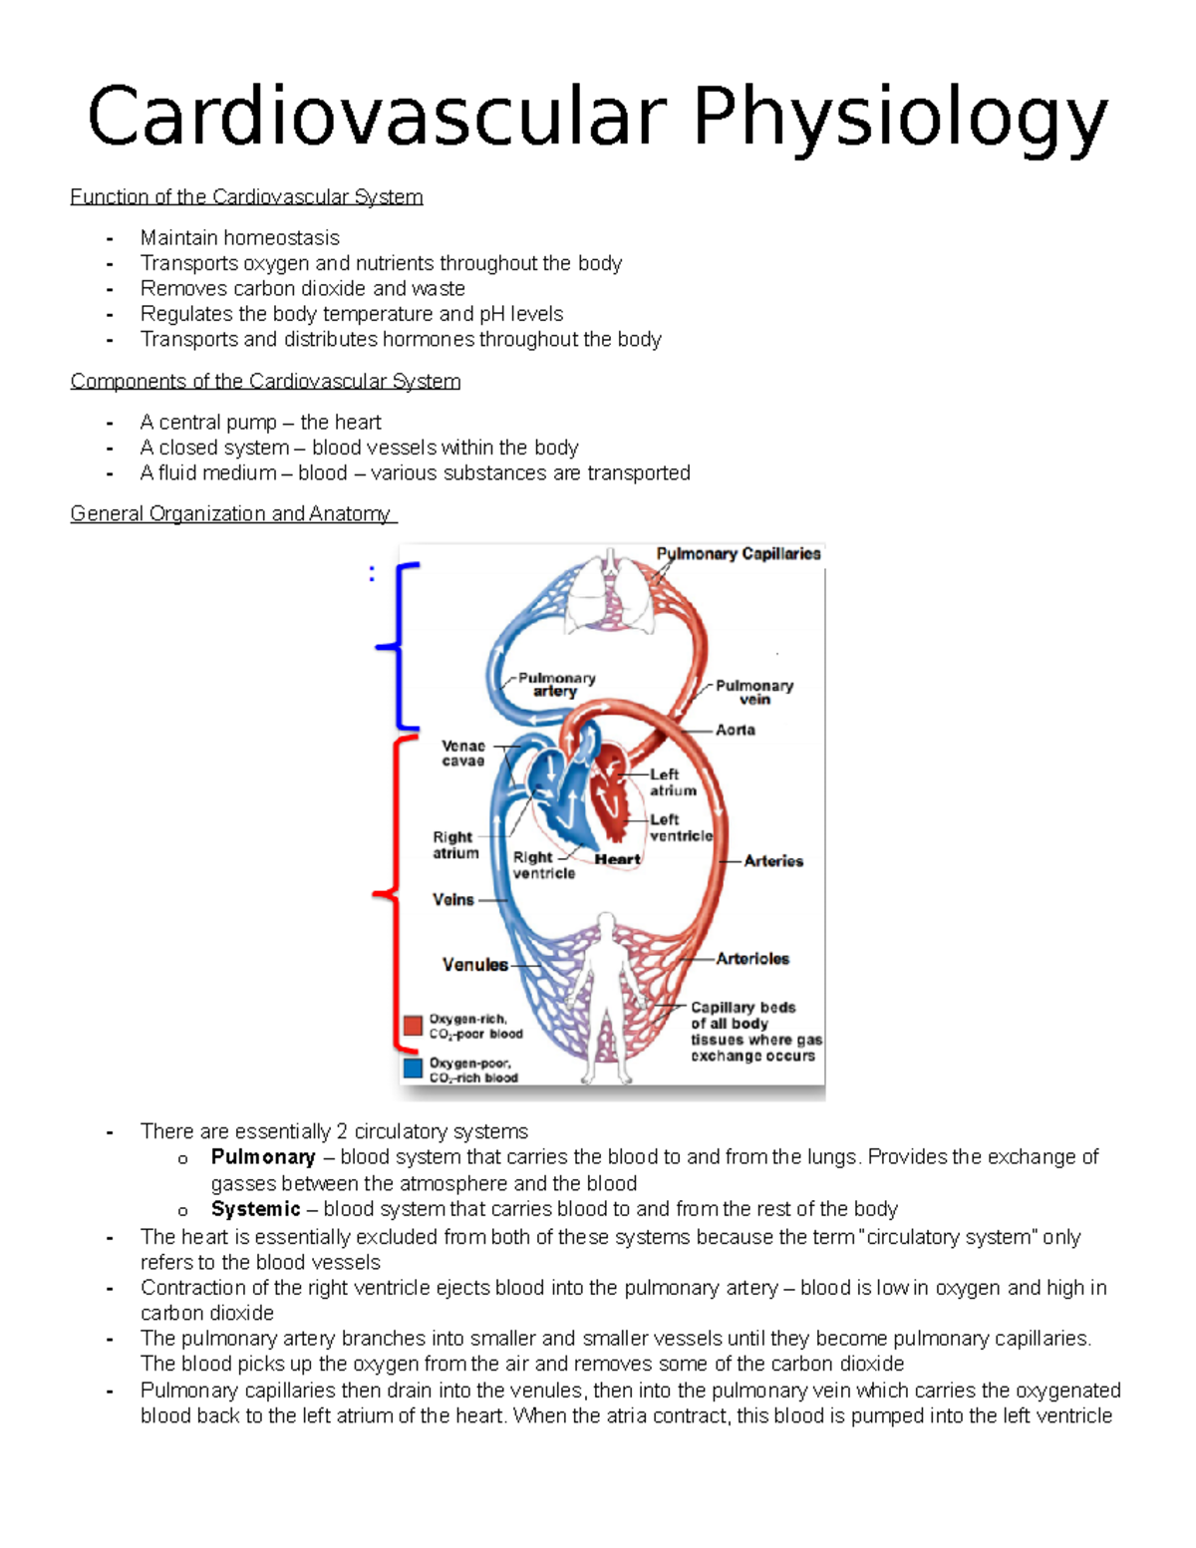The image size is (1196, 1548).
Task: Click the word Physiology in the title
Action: coord(899,120)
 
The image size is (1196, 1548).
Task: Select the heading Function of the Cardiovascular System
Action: coord(246,197)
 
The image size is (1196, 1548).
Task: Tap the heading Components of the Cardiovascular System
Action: coord(265,382)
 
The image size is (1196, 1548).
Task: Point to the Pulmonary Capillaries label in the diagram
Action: coord(738,554)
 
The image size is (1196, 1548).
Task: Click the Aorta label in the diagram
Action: coord(735,731)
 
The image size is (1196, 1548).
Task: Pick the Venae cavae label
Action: coord(462,754)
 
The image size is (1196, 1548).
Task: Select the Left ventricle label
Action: coord(681,827)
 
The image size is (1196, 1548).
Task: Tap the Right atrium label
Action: coord(454,845)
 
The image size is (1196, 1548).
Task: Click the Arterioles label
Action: coord(751,959)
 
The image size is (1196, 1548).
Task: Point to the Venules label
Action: coord(474,965)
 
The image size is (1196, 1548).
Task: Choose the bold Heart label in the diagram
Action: coord(617,859)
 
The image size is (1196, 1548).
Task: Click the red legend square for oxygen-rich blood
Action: coord(413,1026)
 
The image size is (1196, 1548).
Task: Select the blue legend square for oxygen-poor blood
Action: coord(413,1069)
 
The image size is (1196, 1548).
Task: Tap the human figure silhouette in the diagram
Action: coord(605,997)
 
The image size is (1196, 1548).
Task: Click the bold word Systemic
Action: coord(255,1209)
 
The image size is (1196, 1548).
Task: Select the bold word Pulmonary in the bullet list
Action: coord(263,1157)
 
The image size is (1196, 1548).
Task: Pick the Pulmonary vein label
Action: coord(753,693)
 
